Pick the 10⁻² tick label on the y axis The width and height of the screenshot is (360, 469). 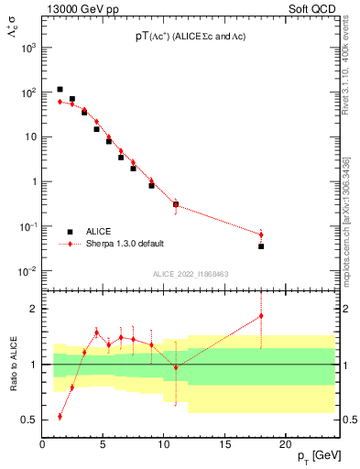[x=27, y=271]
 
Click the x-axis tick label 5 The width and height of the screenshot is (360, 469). [x=104, y=445]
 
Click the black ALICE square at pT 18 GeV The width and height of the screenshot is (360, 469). [x=261, y=246]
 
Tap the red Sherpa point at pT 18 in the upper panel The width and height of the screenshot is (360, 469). [x=261, y=234]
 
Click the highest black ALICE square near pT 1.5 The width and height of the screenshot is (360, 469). [x=60, y=90]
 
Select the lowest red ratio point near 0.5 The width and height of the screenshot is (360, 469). [x=60, y=416]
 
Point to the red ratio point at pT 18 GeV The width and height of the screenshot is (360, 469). [x=261, y=316]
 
